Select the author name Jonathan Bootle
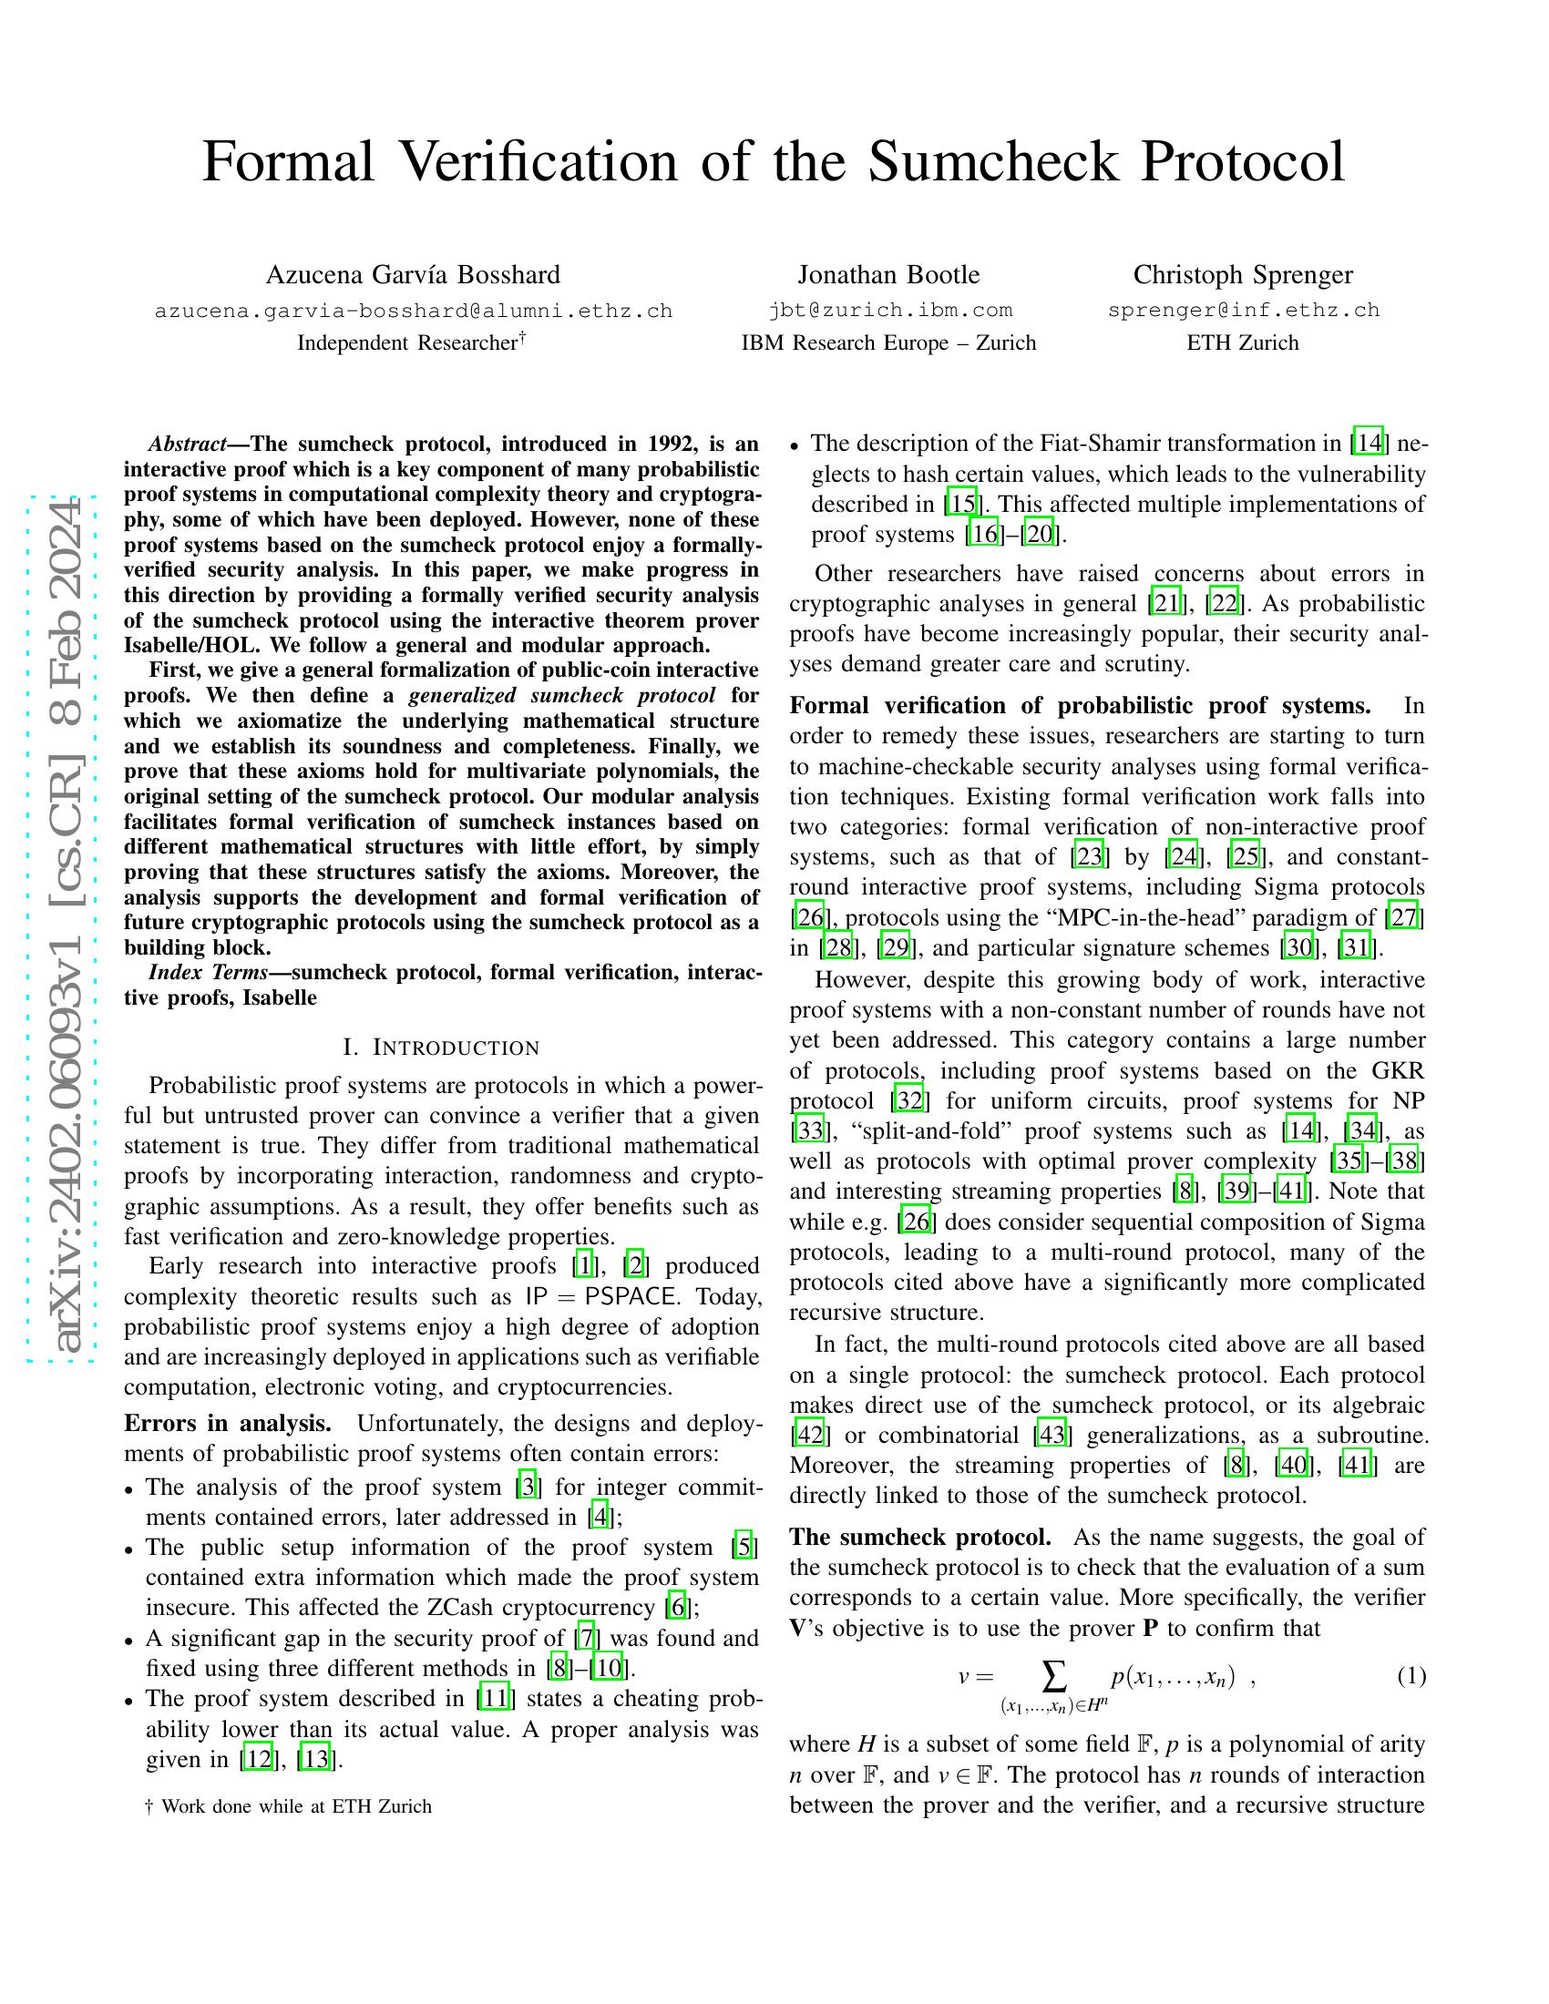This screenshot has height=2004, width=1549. point(888,274)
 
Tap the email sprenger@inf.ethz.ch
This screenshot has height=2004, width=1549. point(1244,310)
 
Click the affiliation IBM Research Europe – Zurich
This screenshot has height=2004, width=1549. point(888,343)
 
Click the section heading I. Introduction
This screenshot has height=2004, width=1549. point(441,1048)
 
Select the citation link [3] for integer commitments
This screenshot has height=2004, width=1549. point(527,1487)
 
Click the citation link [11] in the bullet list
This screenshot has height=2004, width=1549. point(495,1699)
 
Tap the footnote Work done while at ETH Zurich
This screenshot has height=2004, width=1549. point(295,1806)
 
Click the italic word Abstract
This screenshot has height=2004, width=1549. point(187,445)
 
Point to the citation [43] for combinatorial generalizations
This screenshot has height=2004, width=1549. point(1051,1434)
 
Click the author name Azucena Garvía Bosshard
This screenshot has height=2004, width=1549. point(413,274)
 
